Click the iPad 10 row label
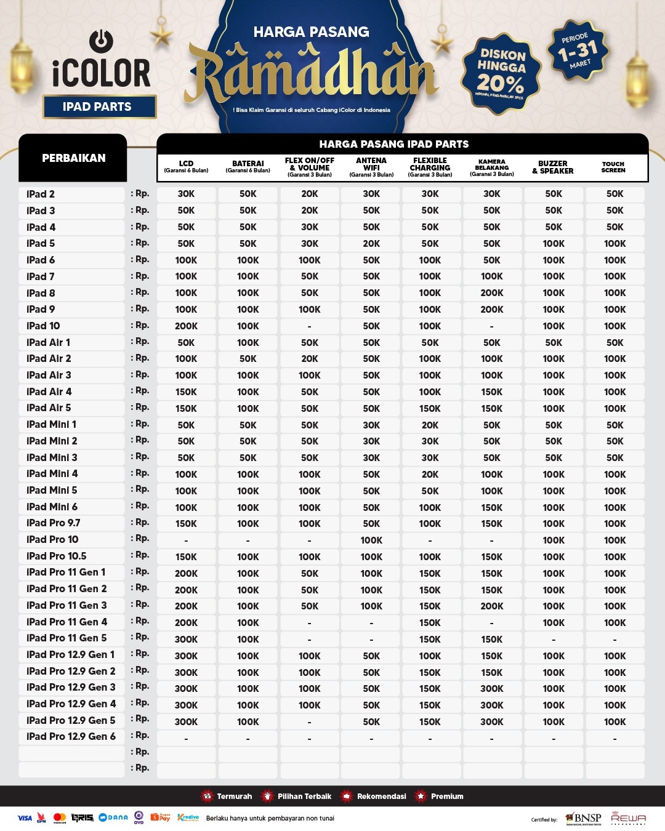click(x=44, y=326)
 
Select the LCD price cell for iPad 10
click(x=186, y=326)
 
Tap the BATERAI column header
click(x=248, y=167)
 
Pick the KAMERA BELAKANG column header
click(x=491, y=167)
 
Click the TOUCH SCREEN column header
click(x=613, y=167)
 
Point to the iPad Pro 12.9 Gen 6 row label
click(x=71, y=736)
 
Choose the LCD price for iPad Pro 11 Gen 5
click(x=186, y=639)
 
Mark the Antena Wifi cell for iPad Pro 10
click(x=371, y=540)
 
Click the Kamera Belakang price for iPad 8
click(x=491, y=293)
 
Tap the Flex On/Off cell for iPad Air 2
click(x=310, y=359)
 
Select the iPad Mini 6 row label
click(x=52, y=507)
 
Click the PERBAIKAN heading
click(x=73, y=158)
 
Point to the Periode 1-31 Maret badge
click(x=578, y=51)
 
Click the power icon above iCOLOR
click(x=101, y=41)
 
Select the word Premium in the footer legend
click(x=447, y=797)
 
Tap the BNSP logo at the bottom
click(x=583, y=818)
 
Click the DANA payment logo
click(x=113, y=817)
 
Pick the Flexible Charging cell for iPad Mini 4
click(x=430, y=475)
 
